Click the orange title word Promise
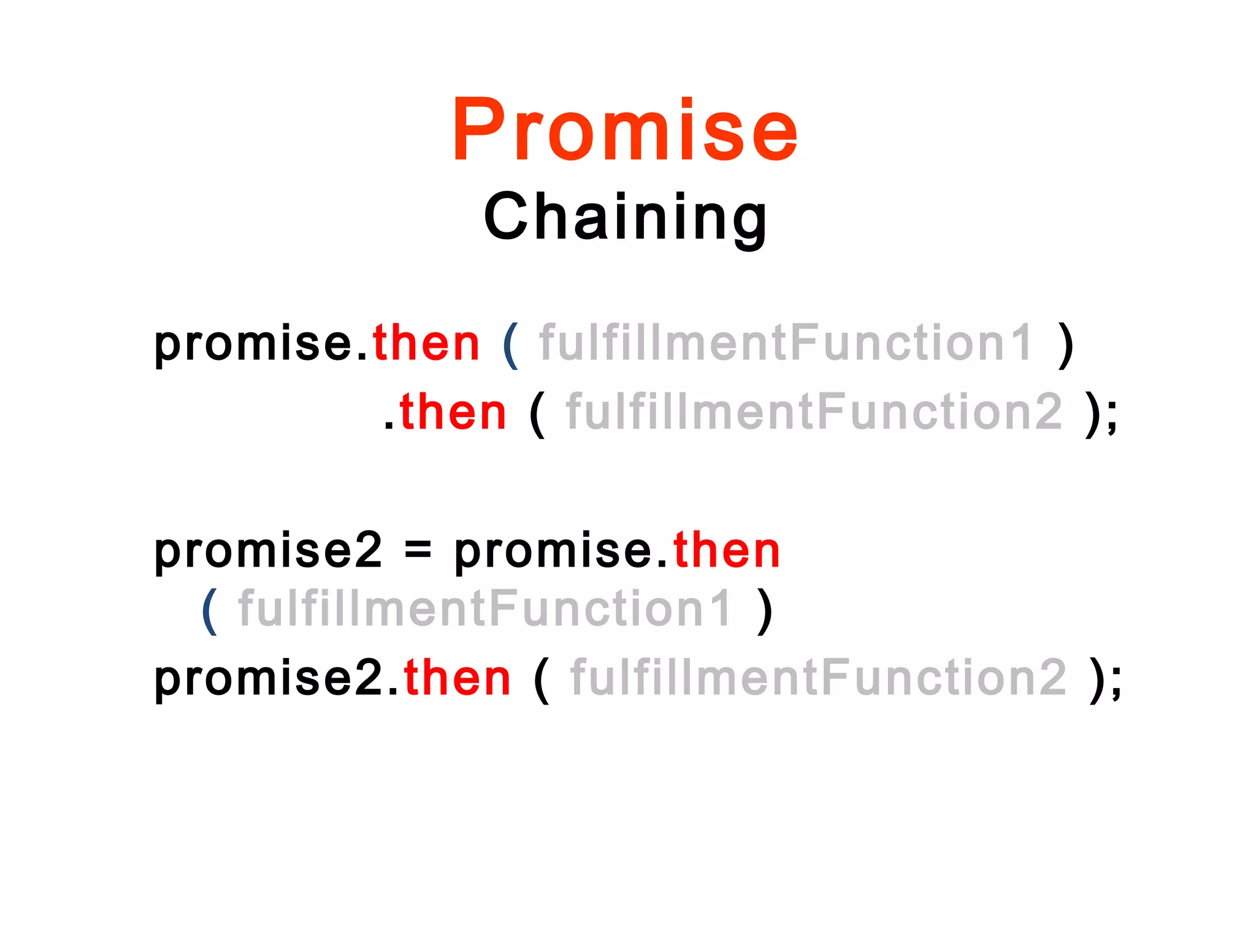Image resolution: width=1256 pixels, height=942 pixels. pos(625,130)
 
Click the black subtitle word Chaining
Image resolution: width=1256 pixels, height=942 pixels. pos(625,216)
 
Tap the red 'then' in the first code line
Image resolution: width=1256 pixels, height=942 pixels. pos(426,343)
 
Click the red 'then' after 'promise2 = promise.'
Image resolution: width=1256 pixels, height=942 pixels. pos(727,550)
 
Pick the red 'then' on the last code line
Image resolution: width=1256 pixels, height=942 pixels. pos(457,678)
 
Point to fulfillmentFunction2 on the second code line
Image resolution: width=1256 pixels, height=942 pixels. pos(814,412)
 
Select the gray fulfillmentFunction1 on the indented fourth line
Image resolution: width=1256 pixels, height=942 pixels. pos(485,608)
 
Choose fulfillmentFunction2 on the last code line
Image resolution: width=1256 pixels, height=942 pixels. pos(819,678)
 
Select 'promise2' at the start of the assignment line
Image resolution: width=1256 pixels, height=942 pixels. pos(268,551)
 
